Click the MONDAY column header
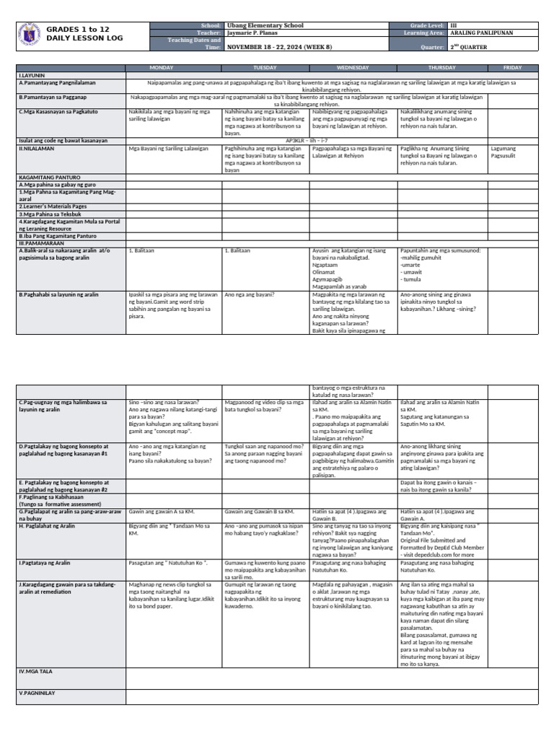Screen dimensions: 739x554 (x=173, y=67)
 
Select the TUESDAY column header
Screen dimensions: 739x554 (x=265, y=67)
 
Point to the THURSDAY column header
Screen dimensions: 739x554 (x=442, y=67)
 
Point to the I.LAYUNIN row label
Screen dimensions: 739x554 (x=32, y=74)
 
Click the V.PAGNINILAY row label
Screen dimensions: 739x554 (x=37, y=693)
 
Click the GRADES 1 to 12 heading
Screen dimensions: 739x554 (x=79, y=28)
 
